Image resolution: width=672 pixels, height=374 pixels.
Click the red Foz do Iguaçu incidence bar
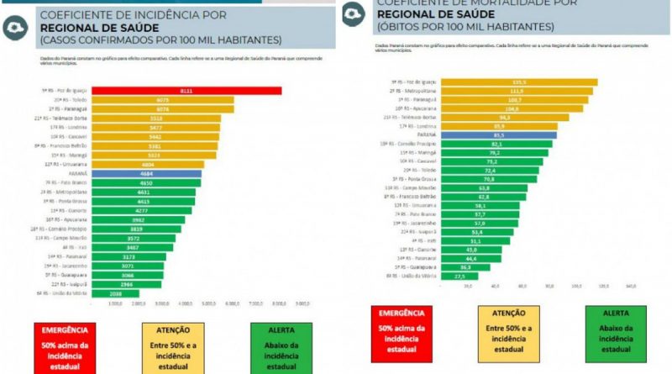pos(186,90)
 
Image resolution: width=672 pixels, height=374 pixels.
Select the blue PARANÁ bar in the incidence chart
pos(147,174)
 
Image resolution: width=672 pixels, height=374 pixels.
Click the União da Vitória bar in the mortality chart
pos(459,276)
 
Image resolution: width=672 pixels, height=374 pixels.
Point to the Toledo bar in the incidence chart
pos(163,99)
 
